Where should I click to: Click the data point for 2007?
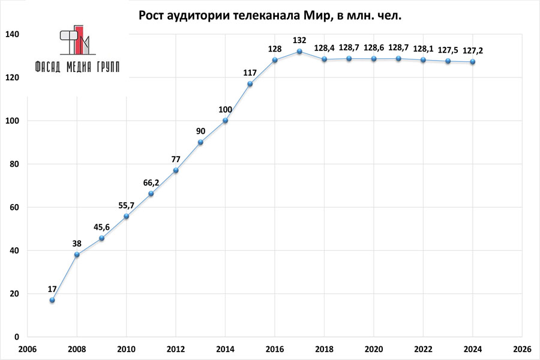point(52,300)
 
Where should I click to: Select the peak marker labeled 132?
point(299,52)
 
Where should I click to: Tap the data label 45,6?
point(101,227)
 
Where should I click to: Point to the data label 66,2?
point(151,182)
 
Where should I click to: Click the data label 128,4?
point(324,47)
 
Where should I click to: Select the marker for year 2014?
point(225,121)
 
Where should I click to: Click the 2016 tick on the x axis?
point(274,349)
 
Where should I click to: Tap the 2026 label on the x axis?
point(521,349)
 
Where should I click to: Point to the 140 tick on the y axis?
point(13,34)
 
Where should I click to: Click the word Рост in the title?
point(152,15)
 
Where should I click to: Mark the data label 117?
point(250,73)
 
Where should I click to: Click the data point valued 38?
point(77,254)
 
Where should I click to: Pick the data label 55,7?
point(126,205)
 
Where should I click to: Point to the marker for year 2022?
point(423,60)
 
